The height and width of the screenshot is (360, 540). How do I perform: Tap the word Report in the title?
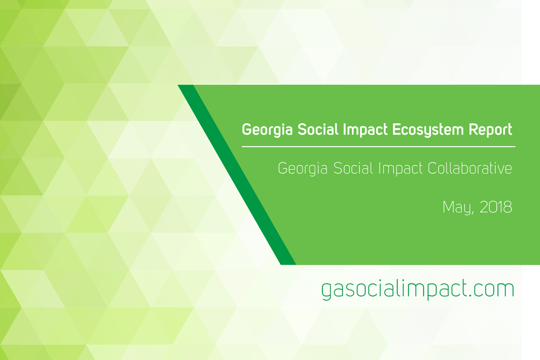click(490, 130)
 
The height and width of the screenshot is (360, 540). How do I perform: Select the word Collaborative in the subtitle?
click(470, 168)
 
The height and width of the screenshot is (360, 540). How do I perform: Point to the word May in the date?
click(457, 208)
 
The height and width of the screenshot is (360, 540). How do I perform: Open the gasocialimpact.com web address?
click(418, 289)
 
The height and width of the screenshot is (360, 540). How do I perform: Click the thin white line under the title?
click(379, 147)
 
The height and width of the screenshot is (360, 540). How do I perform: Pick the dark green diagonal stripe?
click(237, 175)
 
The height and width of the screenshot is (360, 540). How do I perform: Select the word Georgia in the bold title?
click(267, 130)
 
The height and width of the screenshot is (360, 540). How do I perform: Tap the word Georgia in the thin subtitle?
click(303, 169)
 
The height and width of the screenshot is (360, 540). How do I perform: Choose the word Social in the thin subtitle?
click(353, 168)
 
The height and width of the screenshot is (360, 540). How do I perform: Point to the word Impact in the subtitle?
click(400, 169)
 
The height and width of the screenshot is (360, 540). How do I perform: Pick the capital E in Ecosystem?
click(396, 129)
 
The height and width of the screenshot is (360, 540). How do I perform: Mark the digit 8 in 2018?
click(507, 206)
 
